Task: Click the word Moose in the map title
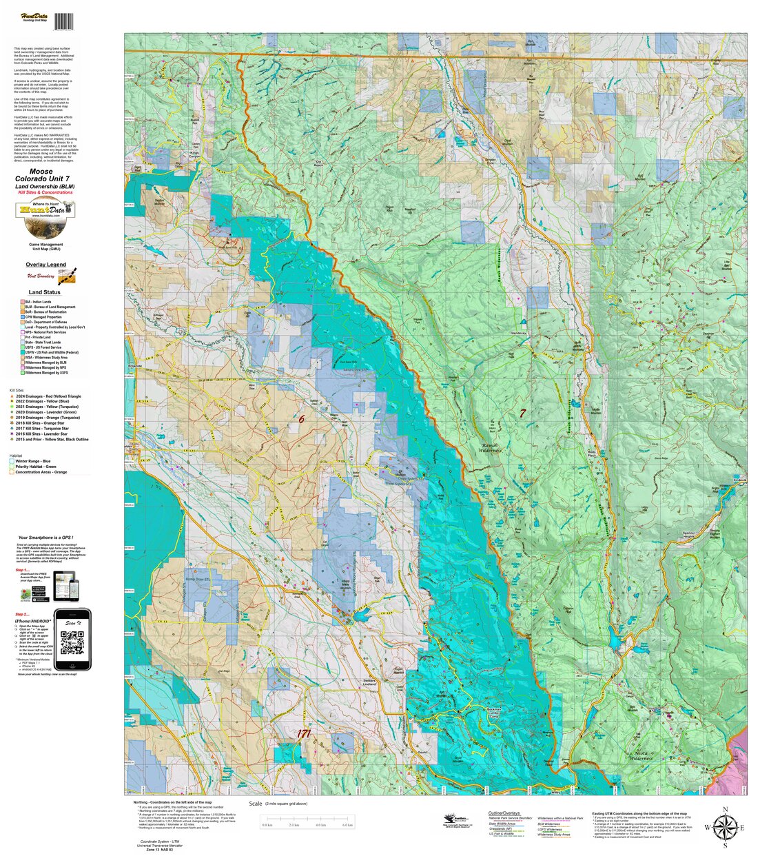[x=41, y=172]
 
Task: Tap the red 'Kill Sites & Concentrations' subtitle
[x=45, y=192]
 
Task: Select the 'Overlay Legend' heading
[x=45, y=265]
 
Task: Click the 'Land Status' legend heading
[x=44, y=292]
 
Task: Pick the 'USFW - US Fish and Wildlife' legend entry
[x=51, y=352]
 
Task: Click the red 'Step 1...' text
[x=23, y=571]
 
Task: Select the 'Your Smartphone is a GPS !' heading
[x=47, y=538]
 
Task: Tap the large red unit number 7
[x=522, y=414]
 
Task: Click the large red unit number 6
[x=301, y=418]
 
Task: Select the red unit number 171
[x=303, y=734]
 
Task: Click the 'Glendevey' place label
[x=517, y=333]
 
